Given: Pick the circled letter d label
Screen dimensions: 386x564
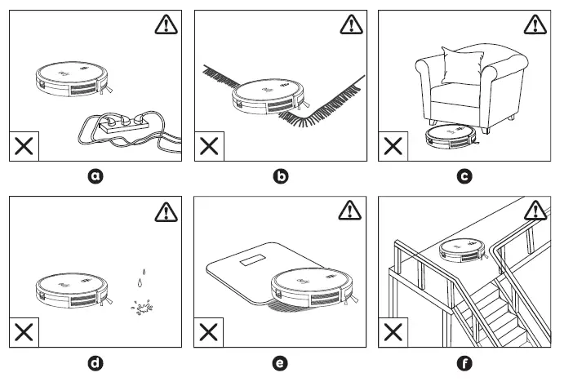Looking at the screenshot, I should pyautogui.click(x=96, y=363).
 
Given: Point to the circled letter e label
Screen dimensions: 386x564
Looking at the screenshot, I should pyautogui.click(x=282, y=363).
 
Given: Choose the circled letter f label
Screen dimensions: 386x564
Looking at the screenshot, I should pyautogui.click(x=465, y=363).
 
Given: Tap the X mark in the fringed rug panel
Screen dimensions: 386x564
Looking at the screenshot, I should pyautogui.click(x=210, y=147).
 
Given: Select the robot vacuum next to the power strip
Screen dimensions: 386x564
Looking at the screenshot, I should pyautogui.click(x=72, y=79).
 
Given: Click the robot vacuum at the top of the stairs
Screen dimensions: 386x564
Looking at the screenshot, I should pyautogui.click(x=461, y=251).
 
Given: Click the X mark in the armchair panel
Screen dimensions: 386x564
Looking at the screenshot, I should pyautogui.click(x=394, y=147).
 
